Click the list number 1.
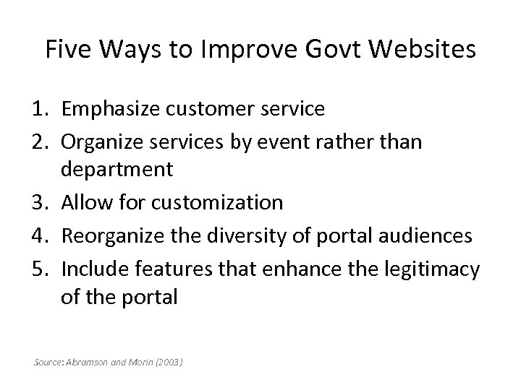click(42, 109)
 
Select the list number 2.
click(42, 140)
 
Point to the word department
click(117, 170)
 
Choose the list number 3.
click(42, 202)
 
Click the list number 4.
click(42, 234)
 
